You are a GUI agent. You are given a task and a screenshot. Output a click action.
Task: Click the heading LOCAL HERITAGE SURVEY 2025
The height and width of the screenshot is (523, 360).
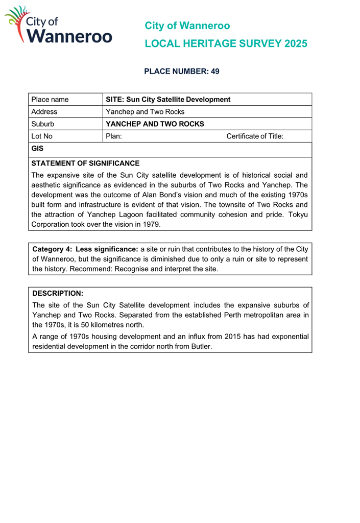click(226, 44)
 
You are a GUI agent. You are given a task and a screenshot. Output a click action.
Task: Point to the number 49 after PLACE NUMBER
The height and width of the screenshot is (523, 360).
click(214, 72)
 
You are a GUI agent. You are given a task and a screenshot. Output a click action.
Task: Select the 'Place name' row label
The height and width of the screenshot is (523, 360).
click(50, 99)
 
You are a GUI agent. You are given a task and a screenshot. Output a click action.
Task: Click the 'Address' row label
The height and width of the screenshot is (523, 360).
click(44, 111)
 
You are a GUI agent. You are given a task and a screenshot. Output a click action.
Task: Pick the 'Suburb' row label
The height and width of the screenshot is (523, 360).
click(42, 124)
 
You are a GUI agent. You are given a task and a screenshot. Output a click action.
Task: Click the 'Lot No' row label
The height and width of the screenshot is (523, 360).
click(42, 136)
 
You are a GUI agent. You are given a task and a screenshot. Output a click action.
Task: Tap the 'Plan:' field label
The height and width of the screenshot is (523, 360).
click(113, 136)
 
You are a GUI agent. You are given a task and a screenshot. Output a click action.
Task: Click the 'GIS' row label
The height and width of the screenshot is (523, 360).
click(37, 149)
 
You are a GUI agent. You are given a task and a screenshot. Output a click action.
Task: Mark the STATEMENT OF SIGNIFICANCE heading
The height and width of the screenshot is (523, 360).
click(85, 163)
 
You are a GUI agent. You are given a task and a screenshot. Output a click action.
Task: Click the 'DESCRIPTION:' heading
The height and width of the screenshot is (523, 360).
click(57, 294)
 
